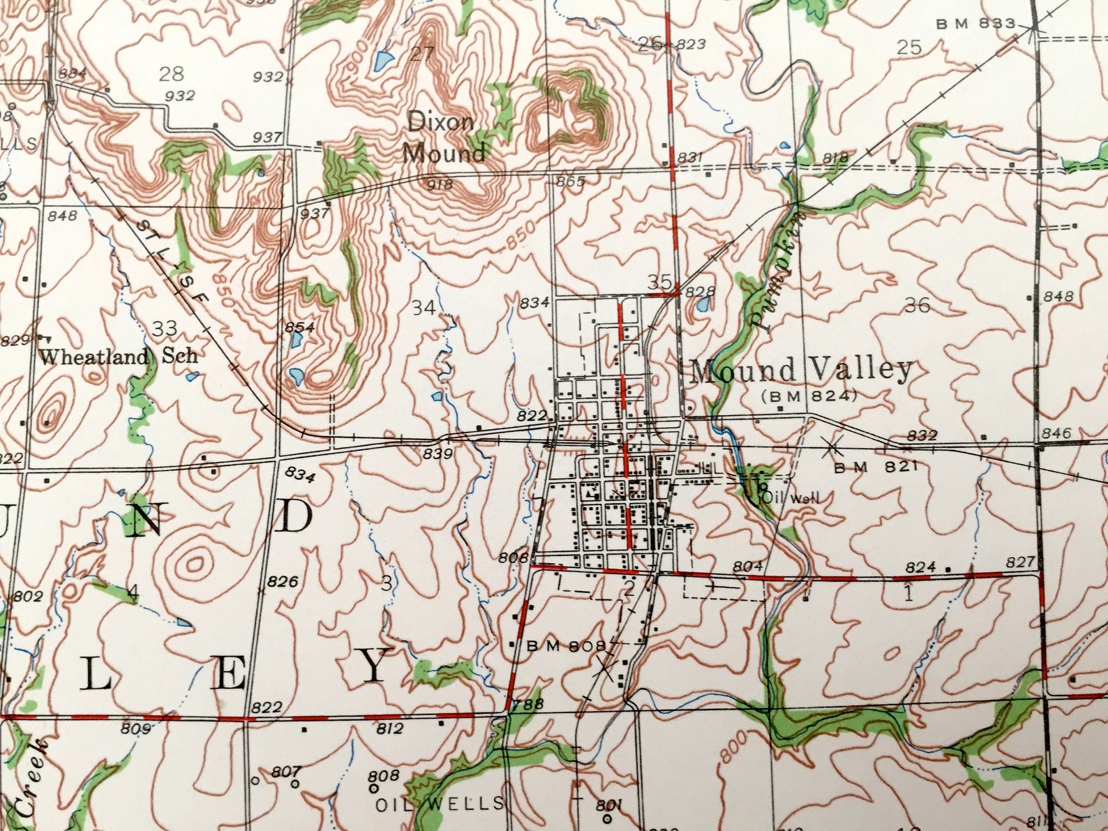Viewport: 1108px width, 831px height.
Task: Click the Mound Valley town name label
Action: [x=801, y=370]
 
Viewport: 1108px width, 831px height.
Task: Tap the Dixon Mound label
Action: [x=444, y=137]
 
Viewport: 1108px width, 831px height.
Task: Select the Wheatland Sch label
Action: [x=118, y=357]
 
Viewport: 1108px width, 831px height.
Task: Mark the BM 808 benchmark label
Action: [x=566, y=646]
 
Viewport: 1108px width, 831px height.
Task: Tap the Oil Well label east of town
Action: [x=791, y=497]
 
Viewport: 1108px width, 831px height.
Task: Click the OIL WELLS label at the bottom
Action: [x=440, y=804]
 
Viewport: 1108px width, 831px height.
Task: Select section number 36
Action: [x=917, y=305]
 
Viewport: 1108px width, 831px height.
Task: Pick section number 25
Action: [x=908, y=47]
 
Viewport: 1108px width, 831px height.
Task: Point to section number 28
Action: [x=172, y=73]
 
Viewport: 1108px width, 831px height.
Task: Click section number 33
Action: [x=165, y=327]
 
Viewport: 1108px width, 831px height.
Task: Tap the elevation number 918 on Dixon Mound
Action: [x=440, y=185]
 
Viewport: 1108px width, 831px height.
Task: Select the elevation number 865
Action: [x=570, y=182]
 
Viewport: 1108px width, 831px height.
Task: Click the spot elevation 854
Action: [x=299, y=327]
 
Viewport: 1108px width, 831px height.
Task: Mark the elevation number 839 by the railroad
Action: [x=437, y=454]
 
